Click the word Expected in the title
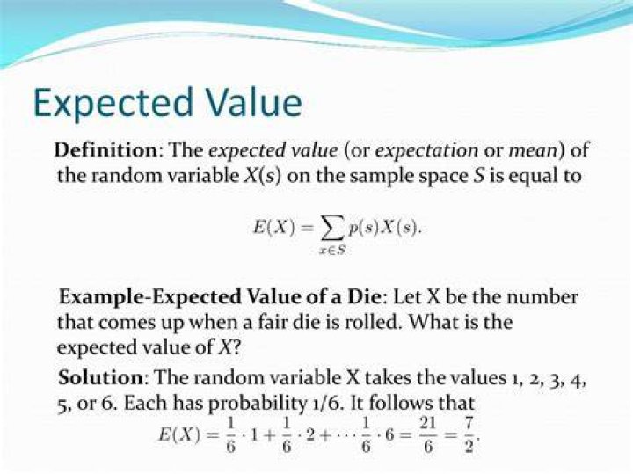click(113, 104)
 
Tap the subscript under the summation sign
click(332, 251)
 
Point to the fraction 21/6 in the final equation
click(427, 435)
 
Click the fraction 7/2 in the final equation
click(469, 435)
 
